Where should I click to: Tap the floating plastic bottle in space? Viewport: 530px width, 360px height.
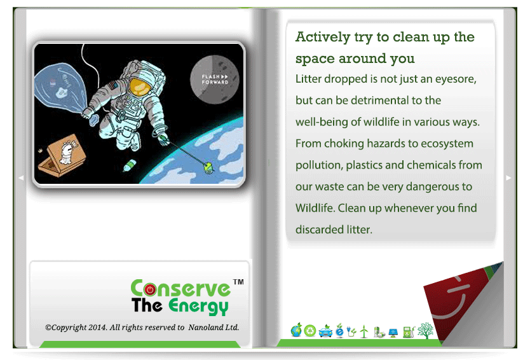click(130, 165)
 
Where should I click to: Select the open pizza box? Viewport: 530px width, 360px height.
click(61, 156)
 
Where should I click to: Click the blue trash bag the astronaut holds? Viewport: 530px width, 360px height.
click(60, 88)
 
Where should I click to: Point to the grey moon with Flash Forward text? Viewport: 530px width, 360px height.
click(215, 80)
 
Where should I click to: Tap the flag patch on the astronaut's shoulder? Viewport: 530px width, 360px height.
click(112, 84)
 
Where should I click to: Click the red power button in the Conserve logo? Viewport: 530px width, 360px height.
click(150, 289)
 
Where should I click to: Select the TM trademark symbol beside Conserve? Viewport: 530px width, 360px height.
click(238, 282)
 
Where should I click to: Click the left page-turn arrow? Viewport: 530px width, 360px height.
click(21, 177)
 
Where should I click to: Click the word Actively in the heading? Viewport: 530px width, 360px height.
click(323, 37)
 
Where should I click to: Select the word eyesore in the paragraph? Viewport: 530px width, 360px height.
click(456, 79)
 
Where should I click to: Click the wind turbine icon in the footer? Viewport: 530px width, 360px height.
click(364, 331)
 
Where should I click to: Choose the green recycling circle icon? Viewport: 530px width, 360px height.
click(310, 331)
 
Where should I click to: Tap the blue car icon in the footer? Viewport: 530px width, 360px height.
click(325, 331)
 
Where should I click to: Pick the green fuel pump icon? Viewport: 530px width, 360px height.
click(409, 331)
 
